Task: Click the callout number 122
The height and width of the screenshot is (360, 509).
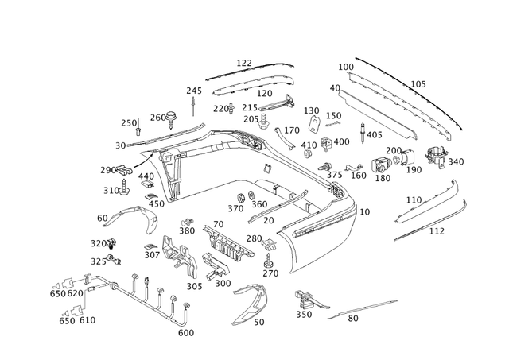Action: (243, 63)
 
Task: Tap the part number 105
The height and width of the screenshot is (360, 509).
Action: (418, 84)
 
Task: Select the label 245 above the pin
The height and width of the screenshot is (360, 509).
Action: (194, 91)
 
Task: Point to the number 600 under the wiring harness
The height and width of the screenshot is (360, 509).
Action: (185, 333)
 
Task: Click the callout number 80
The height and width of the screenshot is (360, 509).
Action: (352, 319)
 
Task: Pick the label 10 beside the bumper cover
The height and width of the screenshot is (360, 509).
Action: (364, 212)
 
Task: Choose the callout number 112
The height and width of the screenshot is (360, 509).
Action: (437, 231)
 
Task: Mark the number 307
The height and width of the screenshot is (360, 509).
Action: (152, 255)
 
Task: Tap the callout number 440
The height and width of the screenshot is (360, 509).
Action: (146, 176)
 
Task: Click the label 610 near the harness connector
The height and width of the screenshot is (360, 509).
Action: (87, 320)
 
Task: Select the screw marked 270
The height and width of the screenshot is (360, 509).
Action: (268, 258)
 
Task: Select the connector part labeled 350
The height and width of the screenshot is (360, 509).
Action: (304, 300)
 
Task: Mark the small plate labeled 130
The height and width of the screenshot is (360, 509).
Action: (314, 125)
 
